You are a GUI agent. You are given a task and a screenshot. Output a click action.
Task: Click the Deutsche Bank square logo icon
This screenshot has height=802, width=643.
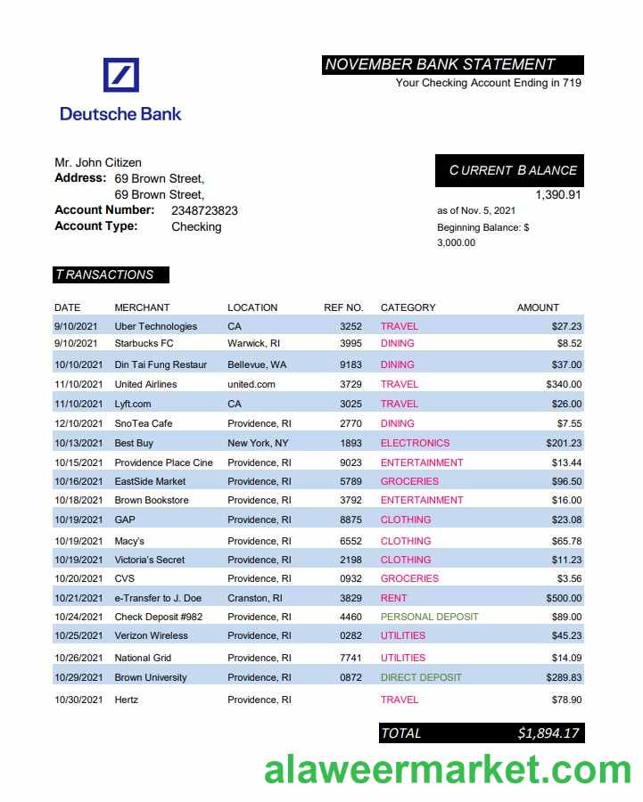pos(121,75)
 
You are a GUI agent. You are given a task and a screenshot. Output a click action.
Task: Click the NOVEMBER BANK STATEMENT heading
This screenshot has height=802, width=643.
pos(440,64)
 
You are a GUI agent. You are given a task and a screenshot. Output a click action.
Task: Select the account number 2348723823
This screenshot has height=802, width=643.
pos(204,210)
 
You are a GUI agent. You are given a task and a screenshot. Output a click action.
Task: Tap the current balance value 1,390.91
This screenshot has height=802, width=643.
pos(557,194)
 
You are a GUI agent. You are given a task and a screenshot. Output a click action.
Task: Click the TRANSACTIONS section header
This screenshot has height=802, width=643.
pos(104,274)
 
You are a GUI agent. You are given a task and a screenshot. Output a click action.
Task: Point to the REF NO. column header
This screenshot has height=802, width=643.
pos(343,307)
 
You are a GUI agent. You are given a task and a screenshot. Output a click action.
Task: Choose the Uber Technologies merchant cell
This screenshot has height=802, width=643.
pos(156,326)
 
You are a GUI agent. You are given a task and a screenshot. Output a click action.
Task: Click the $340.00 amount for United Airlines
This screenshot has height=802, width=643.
pos(564,384)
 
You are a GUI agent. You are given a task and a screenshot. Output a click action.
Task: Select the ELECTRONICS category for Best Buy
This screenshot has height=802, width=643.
pos(415,443)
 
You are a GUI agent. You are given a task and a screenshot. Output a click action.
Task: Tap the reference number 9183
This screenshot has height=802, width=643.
pos(350,364)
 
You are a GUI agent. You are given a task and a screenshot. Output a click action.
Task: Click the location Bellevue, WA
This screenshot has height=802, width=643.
pos(257,364)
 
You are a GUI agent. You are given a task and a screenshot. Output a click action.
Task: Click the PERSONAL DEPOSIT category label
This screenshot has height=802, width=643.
pos(429,617)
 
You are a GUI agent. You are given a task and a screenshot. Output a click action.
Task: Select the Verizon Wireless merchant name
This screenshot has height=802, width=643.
pos(152,635)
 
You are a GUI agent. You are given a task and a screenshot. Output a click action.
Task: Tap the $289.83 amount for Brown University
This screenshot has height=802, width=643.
pos(564,677)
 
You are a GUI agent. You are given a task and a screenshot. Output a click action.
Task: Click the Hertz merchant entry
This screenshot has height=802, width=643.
pos(127,700)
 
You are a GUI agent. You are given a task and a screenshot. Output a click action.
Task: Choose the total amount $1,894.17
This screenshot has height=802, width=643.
pos(548,733)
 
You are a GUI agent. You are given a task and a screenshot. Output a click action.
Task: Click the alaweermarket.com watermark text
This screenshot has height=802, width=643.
pos(447,768)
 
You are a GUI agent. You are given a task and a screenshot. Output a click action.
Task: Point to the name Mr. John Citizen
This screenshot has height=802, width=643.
pos(98,162)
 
